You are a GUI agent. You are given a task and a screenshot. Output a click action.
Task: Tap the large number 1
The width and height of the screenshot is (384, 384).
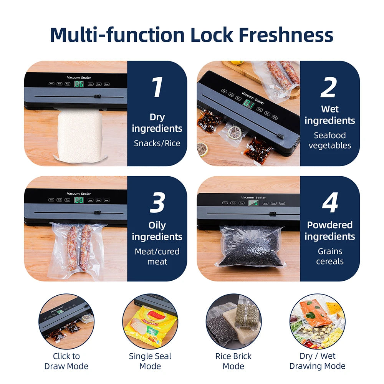pos(157,88)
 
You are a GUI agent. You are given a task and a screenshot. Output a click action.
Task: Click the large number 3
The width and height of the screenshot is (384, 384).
pos(157,203)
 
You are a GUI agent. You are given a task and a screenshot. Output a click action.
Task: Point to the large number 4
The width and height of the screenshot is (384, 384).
pos(329,203)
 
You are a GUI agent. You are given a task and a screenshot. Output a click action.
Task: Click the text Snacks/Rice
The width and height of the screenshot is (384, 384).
pos(157,143)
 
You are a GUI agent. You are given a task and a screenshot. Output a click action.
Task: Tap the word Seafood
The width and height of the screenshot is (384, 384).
pos(329,135)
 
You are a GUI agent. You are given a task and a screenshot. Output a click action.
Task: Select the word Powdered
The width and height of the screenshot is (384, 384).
pos(329,225)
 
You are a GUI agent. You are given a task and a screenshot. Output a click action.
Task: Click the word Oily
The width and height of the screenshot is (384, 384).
pos(157,225)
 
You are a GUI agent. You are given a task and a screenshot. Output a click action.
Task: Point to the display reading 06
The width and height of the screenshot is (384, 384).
pos(79,83)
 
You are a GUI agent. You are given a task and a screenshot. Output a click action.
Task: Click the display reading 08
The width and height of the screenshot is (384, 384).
pos(79,200)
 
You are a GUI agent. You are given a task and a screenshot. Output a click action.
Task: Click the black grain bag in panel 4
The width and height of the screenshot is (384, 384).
pos(250,246)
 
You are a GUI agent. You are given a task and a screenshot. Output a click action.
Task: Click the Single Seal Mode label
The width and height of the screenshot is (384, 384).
pos(150,361)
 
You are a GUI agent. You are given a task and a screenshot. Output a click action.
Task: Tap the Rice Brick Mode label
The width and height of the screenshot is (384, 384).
pos(233,361)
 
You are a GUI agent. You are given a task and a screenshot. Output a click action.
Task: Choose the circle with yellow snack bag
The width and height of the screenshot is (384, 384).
pos(150,321)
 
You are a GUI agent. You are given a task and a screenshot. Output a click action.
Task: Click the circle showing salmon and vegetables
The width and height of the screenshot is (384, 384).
pos(317,321)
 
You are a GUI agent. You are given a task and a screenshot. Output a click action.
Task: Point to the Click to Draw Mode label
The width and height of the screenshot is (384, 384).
pos(66,361)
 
